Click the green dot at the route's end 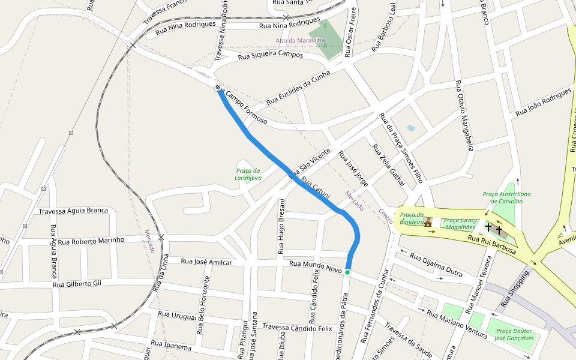coord(347,272)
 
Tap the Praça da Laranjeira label coord(248,174)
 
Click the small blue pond coord(411,128)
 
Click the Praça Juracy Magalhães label coord(460,224)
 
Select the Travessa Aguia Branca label coord(73,211)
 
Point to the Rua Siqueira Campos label coord(271,55)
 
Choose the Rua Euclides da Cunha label coord(298,87)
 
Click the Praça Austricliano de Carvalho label coord(507,197)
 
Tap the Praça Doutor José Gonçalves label coord(514,334)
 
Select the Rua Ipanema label coord(171,346)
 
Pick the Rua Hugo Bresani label coord(281,219)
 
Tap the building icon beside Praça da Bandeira coord(428,223)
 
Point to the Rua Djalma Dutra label coord(436,264)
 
